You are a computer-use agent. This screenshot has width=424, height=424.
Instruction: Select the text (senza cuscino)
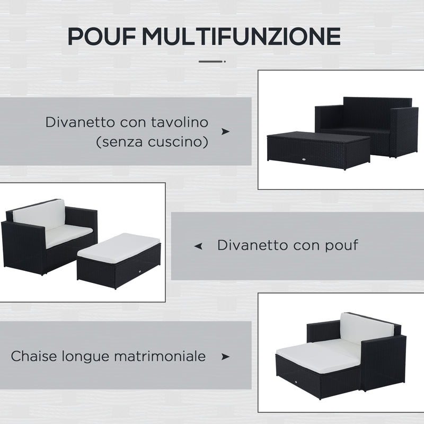tap(152, 143)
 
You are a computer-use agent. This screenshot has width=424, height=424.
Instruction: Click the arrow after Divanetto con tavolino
tap(225, 131)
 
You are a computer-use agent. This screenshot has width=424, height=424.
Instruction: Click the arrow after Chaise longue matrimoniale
tap(225, 357)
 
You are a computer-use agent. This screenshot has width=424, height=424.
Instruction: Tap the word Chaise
tap(32, 356)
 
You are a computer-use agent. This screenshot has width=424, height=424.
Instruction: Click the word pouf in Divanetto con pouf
tap(341, 245)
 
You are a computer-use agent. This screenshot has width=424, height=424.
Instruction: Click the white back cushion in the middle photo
tap(40, 214)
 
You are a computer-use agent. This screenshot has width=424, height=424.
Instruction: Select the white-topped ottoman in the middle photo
tap(119, 259)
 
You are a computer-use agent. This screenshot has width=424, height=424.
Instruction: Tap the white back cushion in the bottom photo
tap(366, 328)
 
